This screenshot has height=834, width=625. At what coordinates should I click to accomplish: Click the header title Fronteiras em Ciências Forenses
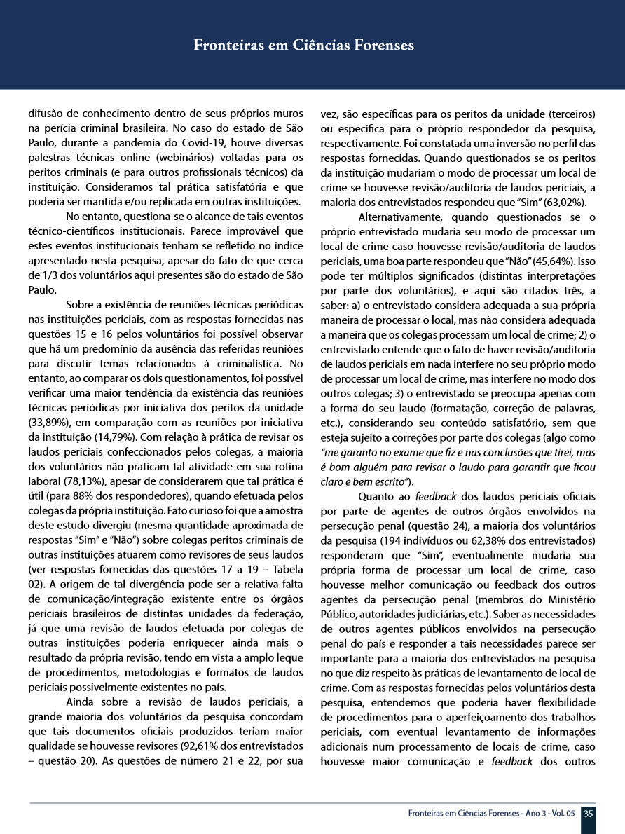[303, 46]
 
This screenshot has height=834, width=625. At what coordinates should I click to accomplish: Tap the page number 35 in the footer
[589, 814]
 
